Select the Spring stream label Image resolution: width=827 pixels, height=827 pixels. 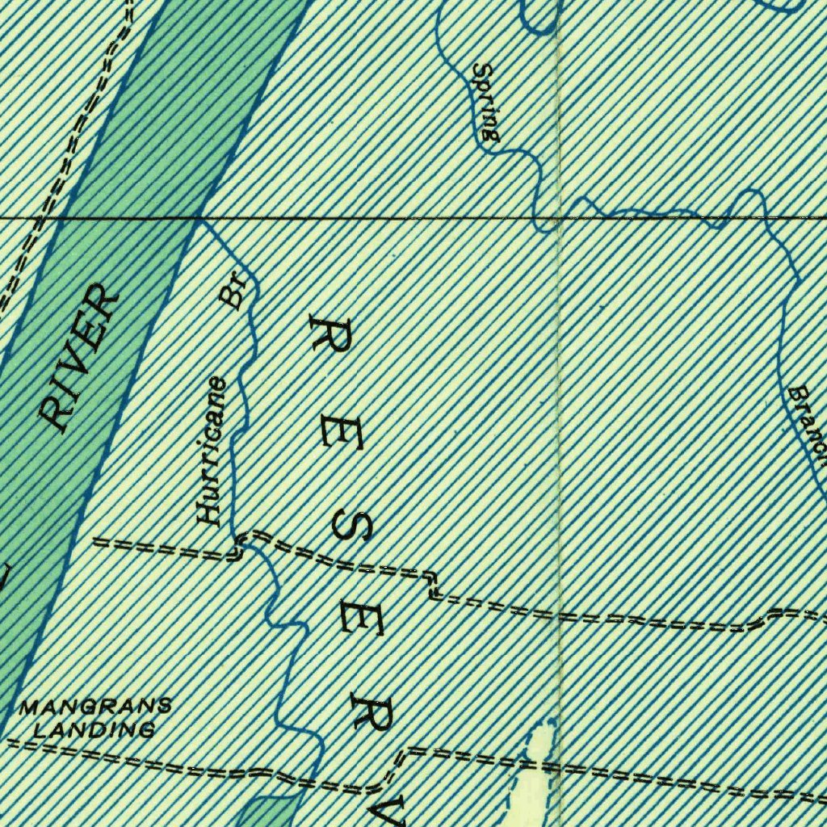point(486,103)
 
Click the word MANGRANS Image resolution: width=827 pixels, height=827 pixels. point(95,707)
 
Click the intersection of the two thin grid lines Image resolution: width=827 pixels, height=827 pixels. point(559,218)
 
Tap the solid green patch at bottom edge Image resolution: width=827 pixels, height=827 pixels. point(267,812)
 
